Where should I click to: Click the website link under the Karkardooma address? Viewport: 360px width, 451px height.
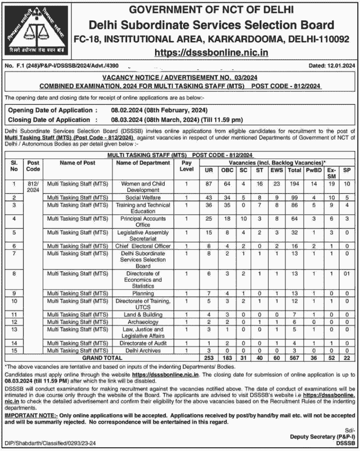click(211, 53)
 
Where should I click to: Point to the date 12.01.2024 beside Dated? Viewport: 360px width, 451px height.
click(341, 66)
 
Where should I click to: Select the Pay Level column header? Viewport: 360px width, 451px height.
click(186, 166)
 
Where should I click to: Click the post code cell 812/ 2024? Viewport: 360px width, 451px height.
click(33, 187)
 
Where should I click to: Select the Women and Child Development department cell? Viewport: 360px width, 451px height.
click(144, 187)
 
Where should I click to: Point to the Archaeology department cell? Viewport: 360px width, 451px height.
click(144, 321)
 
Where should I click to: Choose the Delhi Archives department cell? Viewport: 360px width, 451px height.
click(144, 350)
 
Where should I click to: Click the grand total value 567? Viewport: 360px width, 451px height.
click(294, 357)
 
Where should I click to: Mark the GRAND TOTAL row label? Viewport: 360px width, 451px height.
click(102, 357)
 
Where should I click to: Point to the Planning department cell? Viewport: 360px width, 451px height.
click(144, 293)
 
